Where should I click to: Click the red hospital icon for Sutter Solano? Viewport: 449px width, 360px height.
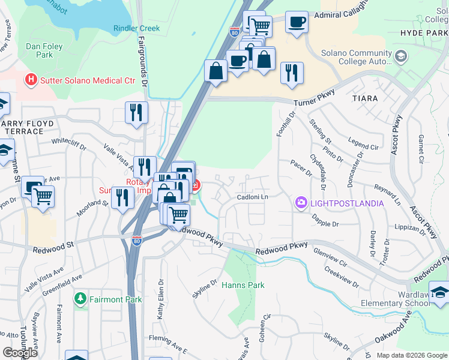[x=30, y=79]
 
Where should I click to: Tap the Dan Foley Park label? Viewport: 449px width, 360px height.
[x=40, y=50]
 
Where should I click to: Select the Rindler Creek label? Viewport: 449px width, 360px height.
[x=136, y=28]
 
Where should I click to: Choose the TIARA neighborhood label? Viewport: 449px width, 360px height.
[x=365, y=98]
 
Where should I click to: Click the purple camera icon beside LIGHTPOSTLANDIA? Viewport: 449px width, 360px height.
[x=300, y=203]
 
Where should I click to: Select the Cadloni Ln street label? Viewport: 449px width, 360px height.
[x=252, y=197]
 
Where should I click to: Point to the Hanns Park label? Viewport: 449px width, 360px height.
[x=243, y=286]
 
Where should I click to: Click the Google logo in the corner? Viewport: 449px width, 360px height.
[x=20, y=353]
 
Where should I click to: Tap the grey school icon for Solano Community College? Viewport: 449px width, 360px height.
[x=401, y=57]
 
